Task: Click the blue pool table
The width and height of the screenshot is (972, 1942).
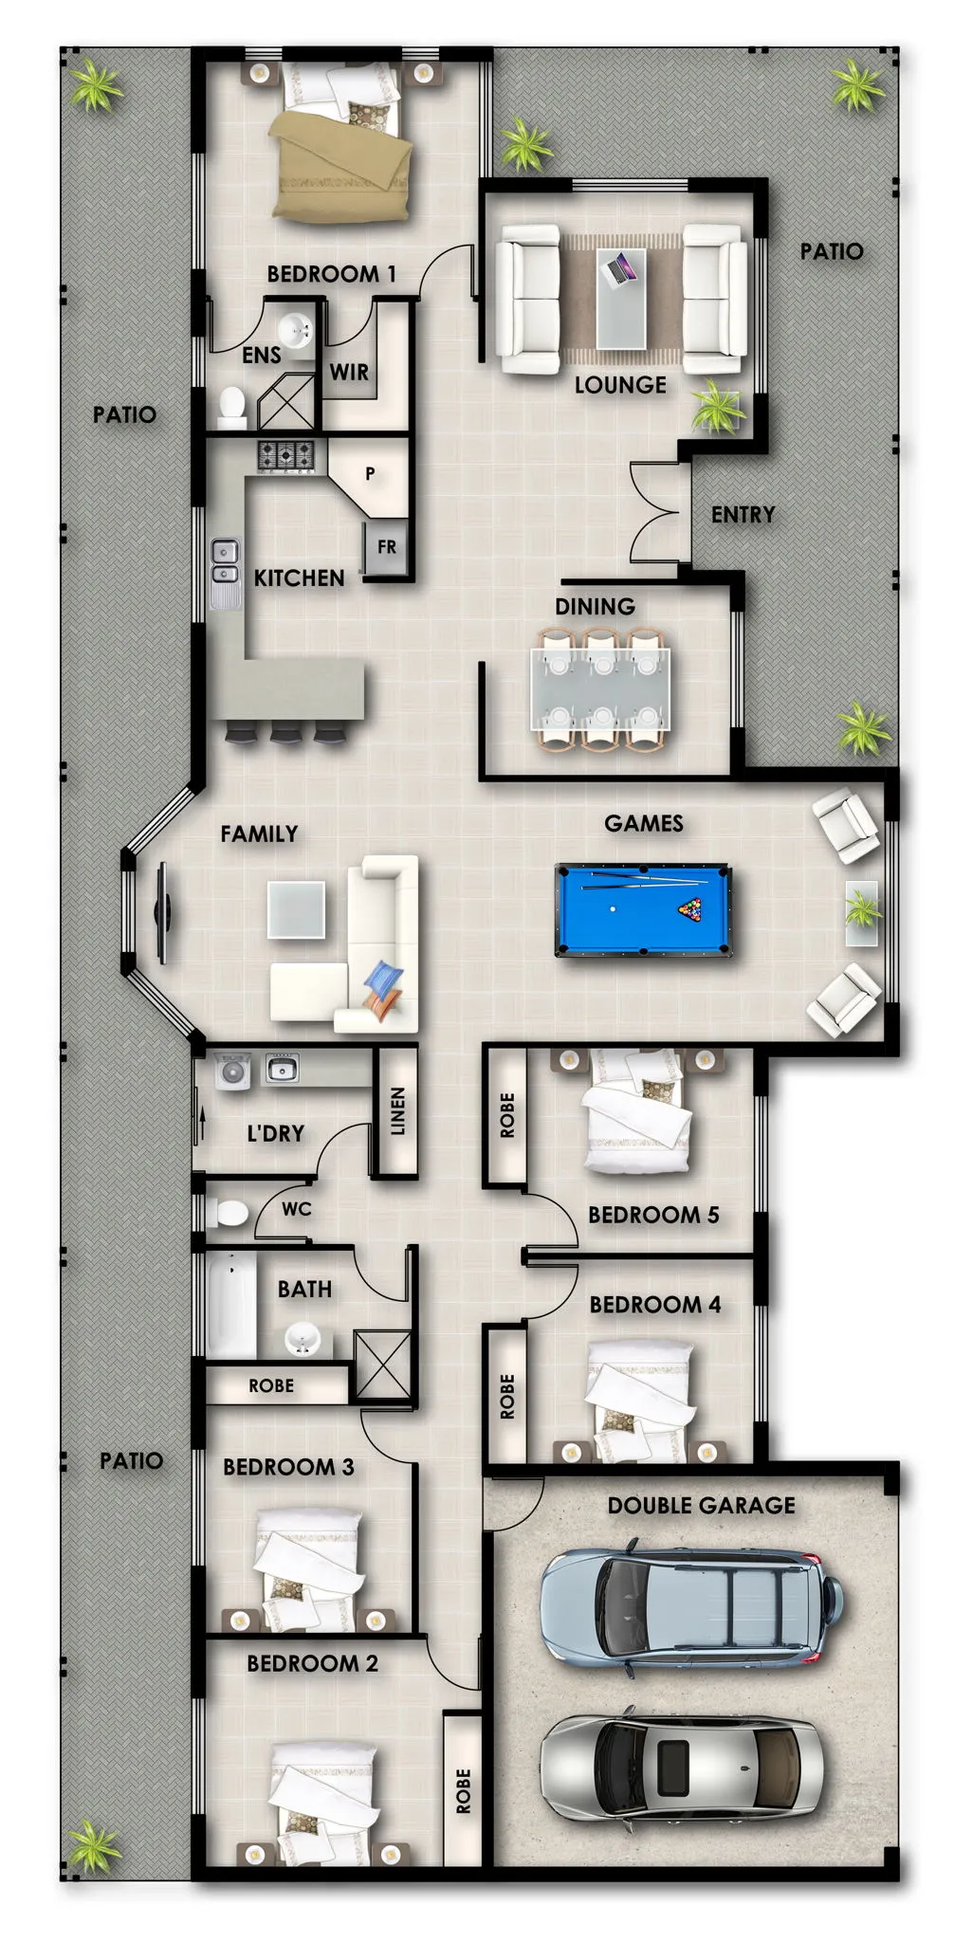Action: pyautogui.click(x=642, y=910)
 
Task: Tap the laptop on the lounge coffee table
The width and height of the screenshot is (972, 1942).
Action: pyautogui.click(x=620, y=268)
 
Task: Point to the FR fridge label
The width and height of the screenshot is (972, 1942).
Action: pyautogui.click(x=387, y=547)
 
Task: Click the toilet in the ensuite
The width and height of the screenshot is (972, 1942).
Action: pyautogui.click(x=231, y=405)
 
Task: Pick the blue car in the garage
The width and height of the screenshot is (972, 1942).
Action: pyautogui.click(x=690, y=1603)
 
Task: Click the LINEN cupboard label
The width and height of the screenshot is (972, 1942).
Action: pyautogui.click(x=398, y=1111)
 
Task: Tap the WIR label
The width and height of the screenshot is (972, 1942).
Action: pyautogui.click(x=349, y=372)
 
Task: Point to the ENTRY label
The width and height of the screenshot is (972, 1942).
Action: pyautogui.click(x=743, y=515)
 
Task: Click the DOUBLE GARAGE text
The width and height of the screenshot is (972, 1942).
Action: pyautogui.click(x=702, y=1505)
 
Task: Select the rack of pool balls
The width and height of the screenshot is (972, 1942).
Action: pyautogui.click(x=692, y=909)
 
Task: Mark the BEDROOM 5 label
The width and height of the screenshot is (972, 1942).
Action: pyautogui.click(x=653, y=1215)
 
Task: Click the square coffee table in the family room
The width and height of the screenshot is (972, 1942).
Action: pyautogui.click(x=296, y=909)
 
